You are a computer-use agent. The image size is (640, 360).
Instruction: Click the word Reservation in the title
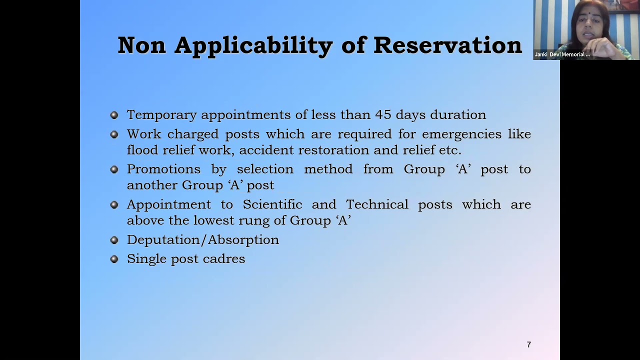click(447, 45)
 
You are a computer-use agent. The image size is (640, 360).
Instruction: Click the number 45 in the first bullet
click(383, 114)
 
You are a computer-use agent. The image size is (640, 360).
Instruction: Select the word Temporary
click(161, 115)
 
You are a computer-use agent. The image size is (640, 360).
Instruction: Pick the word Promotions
click(163, 169)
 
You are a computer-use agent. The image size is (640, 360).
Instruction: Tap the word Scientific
click(272, 204)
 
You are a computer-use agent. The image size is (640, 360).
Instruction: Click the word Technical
click(377, 204)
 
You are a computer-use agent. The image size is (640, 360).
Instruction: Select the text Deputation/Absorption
click(203, 240)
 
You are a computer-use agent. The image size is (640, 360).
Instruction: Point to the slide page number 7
click(529, 344)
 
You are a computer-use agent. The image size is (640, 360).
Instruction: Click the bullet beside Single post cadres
click(114, 259)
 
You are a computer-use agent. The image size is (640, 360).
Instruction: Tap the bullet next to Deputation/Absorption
click(114, 240)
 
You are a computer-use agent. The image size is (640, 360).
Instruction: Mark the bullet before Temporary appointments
click(114, 115)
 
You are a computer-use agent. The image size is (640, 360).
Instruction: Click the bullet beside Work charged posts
click(114, 134)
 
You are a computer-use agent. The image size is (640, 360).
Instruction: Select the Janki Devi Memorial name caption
click(562, 54)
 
